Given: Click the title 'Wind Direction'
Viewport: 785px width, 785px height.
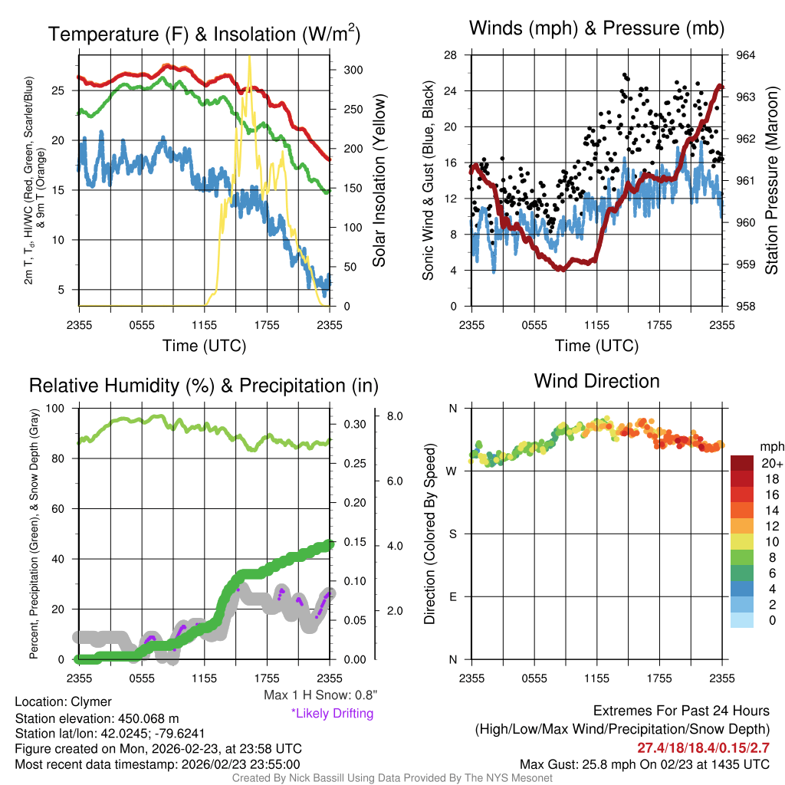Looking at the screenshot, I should coord(596,381).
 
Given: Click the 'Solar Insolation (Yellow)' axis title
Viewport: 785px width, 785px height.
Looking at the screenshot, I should coord(379,181).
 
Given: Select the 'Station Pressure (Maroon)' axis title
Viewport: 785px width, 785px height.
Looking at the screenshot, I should coord(771,181).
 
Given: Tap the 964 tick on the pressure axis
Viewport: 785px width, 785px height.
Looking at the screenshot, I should coord(746,55).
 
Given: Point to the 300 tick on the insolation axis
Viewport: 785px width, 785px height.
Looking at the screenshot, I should coord(353,70).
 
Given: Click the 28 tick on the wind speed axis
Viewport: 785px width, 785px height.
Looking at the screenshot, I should coord(451,55).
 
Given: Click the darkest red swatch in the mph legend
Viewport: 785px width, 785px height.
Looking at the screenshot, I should coord(742,463).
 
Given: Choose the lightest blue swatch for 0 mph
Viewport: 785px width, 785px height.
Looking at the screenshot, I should coord(742,620).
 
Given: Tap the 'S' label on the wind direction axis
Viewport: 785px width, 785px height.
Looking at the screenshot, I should coord(452,534).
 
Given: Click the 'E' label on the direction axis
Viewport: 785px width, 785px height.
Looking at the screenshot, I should coord(452,596).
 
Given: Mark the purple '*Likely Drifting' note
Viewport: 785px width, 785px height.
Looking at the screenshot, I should coord(332,714).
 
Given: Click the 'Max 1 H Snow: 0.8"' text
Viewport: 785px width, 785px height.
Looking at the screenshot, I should coord(320,695).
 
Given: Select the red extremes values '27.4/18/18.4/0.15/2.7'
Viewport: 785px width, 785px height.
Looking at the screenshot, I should coord(703,746).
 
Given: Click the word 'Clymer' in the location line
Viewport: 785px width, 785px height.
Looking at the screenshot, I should coord(91,701).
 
